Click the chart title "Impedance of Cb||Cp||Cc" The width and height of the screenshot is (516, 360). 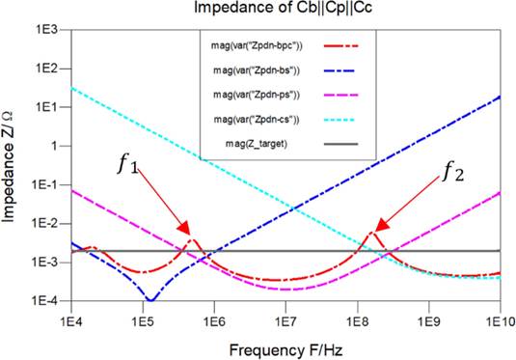pos(285,9)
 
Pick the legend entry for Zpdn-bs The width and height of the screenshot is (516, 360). pos(257,70)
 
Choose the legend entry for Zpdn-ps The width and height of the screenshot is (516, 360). pos(257,96)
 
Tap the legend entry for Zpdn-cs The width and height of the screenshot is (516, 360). pos(256,121)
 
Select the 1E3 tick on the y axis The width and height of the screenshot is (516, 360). pos(47,30)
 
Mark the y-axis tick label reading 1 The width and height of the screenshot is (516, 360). pos(56,146)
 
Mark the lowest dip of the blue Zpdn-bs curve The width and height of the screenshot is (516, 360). pos(150,299)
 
